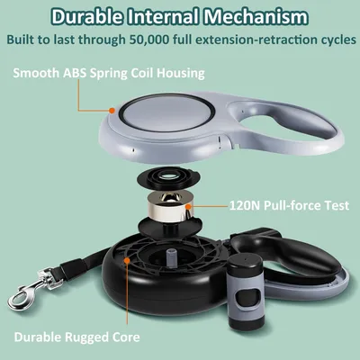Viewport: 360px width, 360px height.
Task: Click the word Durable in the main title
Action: point(86,16)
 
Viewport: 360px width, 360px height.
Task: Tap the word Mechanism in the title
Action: point(256,16)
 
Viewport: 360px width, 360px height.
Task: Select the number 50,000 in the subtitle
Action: point(149,40)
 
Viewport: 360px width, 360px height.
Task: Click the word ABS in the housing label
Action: point(75,73)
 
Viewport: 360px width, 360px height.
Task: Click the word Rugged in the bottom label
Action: point(87,337)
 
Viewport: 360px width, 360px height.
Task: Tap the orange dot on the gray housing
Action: point(112,111)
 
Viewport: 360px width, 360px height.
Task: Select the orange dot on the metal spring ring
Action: point(188,206)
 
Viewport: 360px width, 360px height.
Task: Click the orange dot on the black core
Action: point(127,260)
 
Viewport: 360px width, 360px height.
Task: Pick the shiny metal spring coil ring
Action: point(169,207)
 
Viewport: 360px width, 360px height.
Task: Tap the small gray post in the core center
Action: point(170,257)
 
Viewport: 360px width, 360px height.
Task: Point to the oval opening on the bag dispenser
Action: point(247,297)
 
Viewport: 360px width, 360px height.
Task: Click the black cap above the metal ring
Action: point(169,179)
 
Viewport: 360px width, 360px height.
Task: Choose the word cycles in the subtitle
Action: point(337,40)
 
